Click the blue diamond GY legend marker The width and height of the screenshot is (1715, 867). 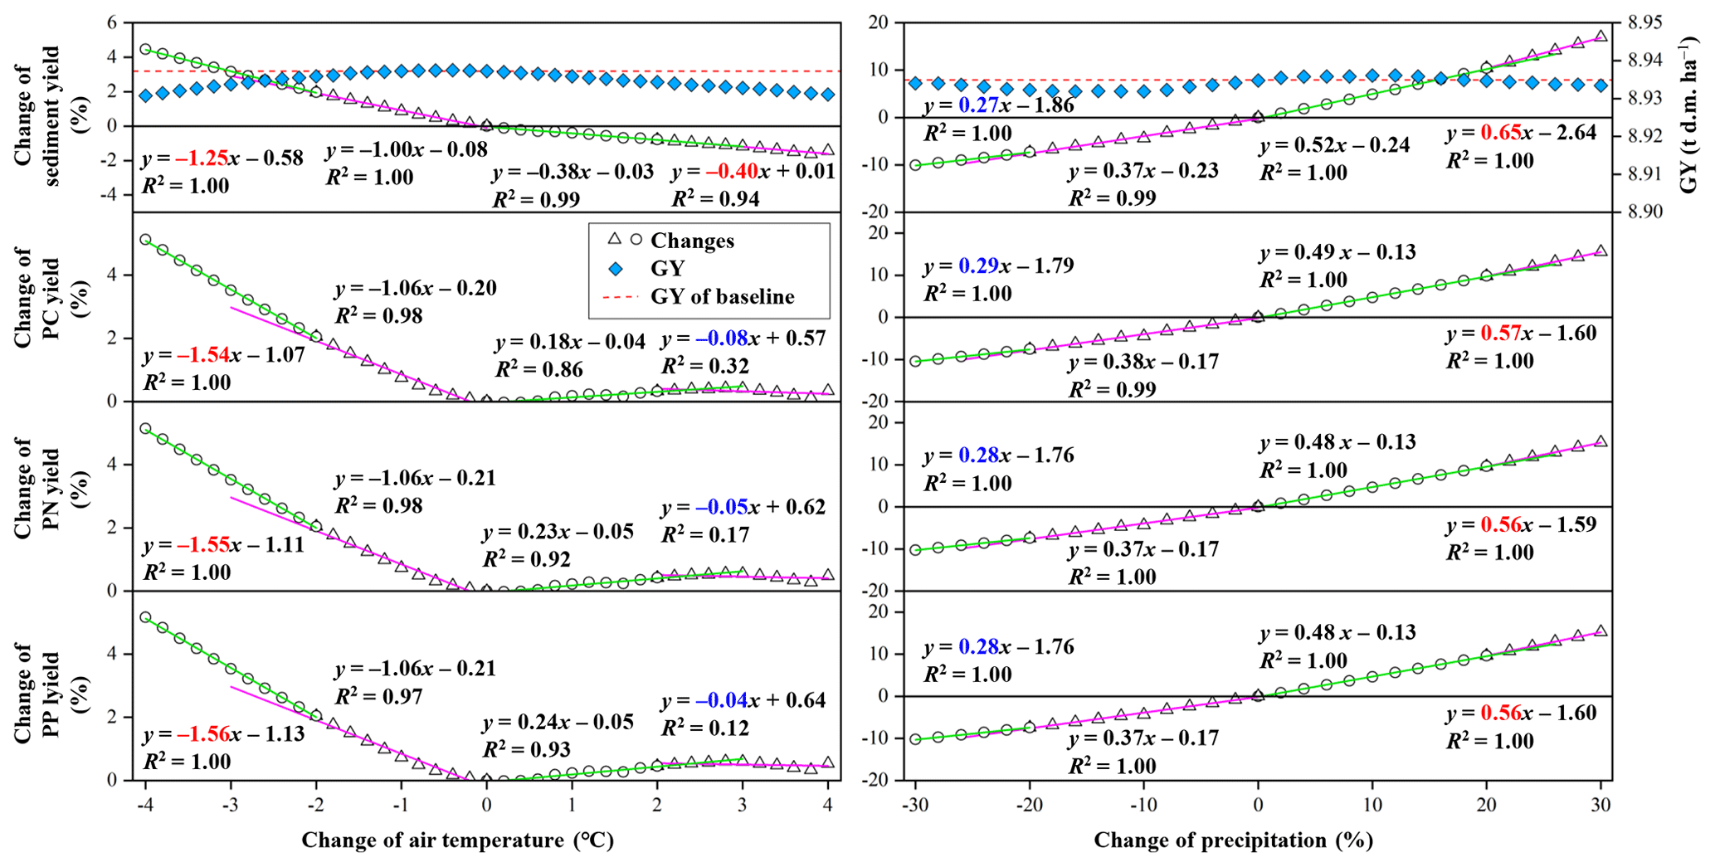[616, 269]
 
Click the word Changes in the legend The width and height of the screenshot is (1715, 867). [692, 241]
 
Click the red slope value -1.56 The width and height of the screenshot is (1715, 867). [202, 734]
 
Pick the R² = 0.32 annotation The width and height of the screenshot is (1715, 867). [705, 367]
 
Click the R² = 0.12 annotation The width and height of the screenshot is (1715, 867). [705, 728]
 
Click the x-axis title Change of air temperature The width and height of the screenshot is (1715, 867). [457, 840]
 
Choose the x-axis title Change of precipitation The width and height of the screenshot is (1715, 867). [1233, 840]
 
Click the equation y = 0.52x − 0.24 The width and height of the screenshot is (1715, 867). [1334, 146]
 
